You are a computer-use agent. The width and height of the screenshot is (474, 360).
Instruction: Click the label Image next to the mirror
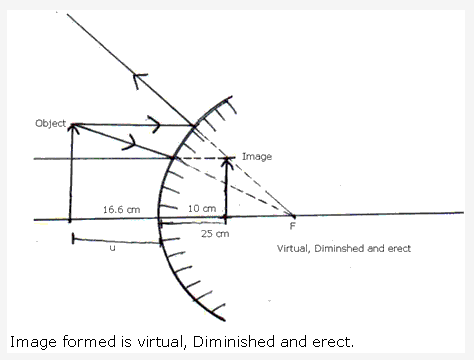point(256,157)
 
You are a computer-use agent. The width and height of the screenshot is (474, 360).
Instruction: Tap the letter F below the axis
point(292,227)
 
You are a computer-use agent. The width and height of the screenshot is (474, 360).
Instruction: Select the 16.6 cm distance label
point(119,209)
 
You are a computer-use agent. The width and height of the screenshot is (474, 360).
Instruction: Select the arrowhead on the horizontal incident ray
point(154,126)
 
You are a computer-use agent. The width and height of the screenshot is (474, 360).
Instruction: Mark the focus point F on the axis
point(293,216)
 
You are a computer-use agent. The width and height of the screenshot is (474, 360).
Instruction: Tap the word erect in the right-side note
point(394,247)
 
